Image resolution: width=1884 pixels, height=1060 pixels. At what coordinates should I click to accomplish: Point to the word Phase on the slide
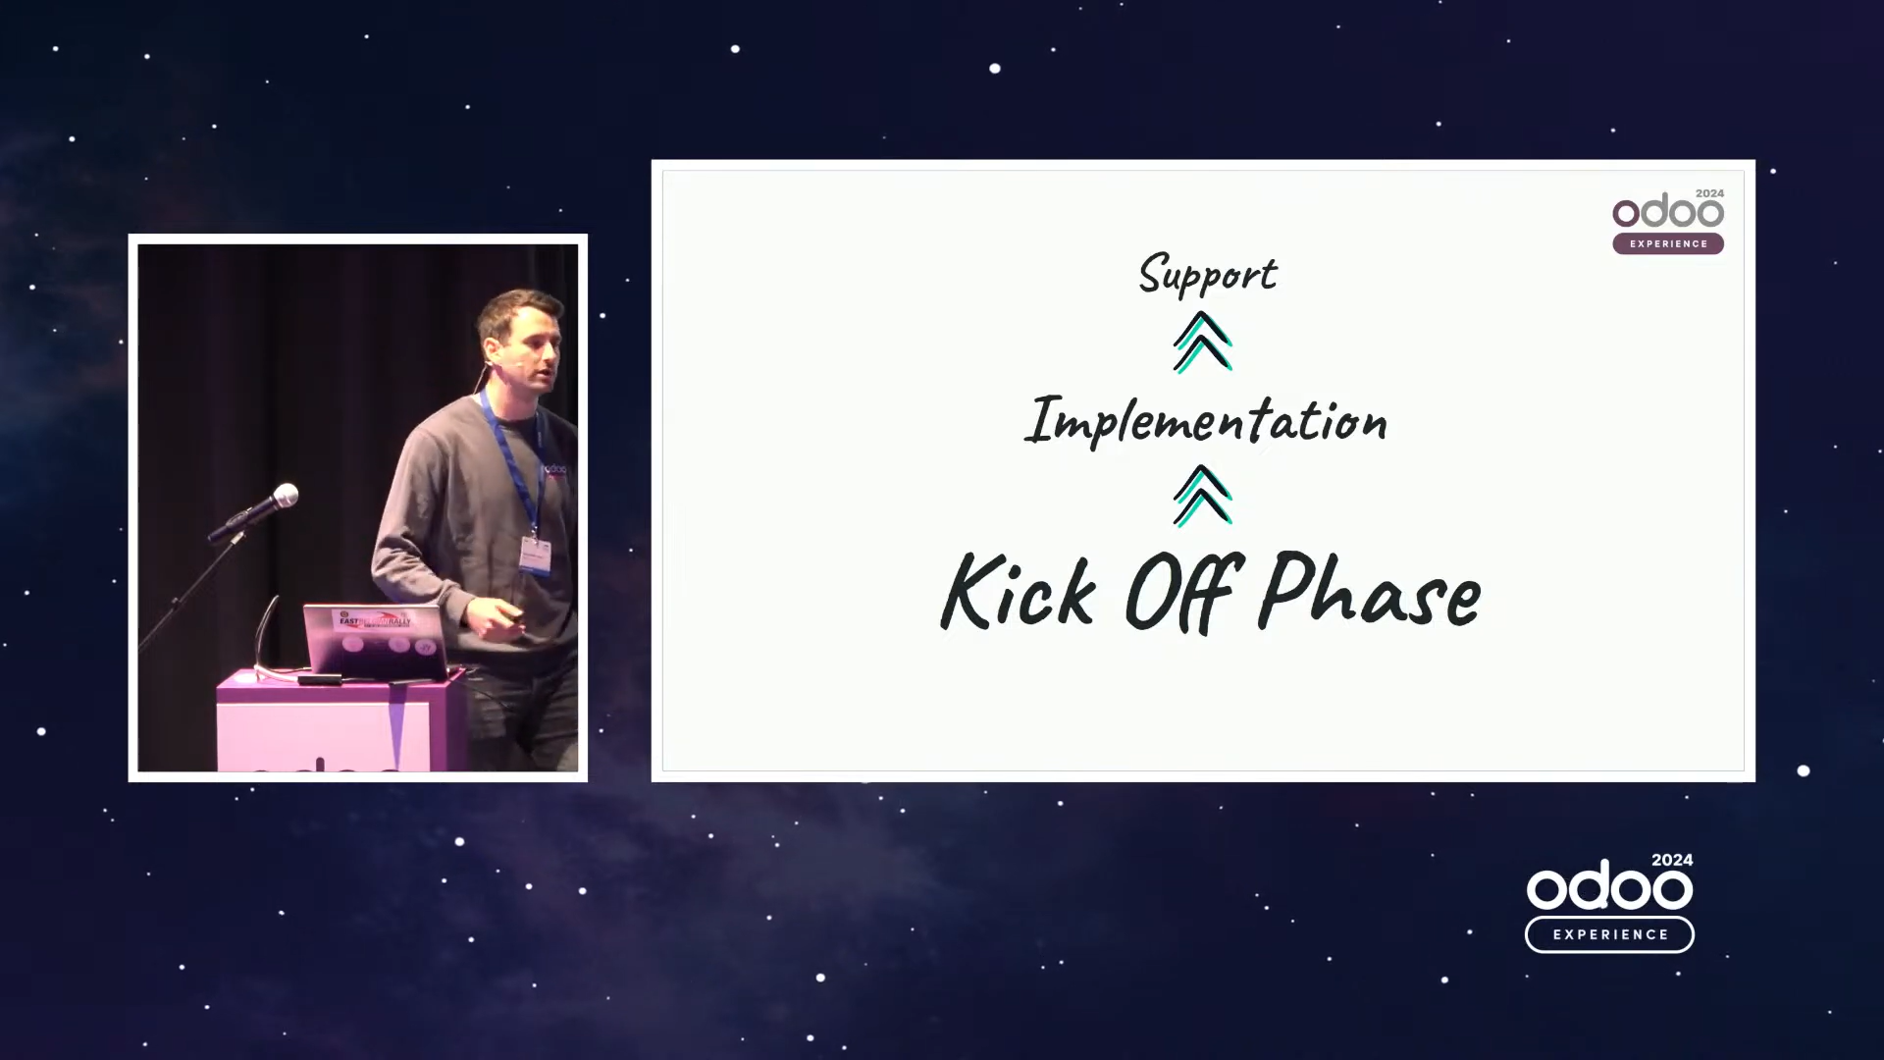[x=1370, y=589]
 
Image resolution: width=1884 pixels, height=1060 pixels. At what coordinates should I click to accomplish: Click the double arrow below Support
[x=1203, y=343]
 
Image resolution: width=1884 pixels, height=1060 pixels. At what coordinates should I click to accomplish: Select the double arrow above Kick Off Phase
[x=1203, y=496]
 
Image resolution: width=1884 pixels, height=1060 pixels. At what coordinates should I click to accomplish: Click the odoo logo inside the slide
[x=1668, y=212]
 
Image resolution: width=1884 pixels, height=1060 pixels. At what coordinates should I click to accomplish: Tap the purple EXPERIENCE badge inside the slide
[x=1668, y=243]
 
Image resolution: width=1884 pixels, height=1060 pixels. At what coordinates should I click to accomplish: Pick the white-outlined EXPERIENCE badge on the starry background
[x=1609, y=934]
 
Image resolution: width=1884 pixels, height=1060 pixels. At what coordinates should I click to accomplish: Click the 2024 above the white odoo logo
[x=1672, y=860]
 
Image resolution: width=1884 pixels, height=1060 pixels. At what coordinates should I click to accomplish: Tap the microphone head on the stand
[x=285, y=496]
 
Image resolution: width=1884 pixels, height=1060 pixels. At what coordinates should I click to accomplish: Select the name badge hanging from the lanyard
[x=535, y=556]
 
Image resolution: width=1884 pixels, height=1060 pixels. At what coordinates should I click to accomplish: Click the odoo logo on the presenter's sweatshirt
[x=554, y=470]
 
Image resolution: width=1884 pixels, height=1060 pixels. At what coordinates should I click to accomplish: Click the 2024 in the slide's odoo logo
[x=1709, y=193]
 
